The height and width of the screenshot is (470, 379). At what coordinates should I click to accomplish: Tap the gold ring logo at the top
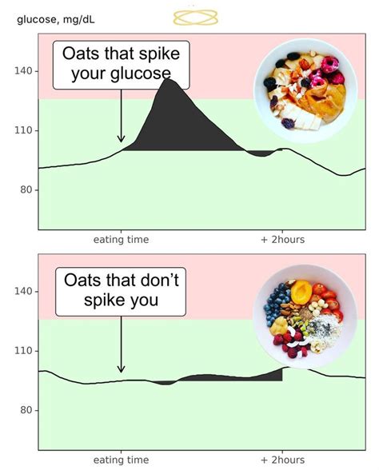pos(197,15)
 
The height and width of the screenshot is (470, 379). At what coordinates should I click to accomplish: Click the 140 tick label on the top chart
pos(23,71)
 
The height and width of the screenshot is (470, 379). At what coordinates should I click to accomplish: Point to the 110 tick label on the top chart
pos(23,130)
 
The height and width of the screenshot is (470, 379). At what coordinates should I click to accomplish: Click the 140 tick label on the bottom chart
pos(23,291)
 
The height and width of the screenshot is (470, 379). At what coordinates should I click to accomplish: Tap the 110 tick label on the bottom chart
pos(23,351)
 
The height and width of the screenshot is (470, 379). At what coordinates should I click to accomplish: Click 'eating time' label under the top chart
pos(121,240)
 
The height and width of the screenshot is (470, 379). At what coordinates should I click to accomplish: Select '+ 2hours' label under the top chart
pos(281,240)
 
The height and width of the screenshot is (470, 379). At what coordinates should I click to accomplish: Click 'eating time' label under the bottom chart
pos(121,460)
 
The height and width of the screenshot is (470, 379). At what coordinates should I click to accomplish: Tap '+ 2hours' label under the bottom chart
pos(281,460)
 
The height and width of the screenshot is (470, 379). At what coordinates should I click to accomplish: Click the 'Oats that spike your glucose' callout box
pos(121,66)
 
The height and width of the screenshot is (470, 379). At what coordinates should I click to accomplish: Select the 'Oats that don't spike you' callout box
pos(121,291)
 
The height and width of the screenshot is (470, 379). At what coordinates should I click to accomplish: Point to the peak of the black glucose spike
pos(169,79)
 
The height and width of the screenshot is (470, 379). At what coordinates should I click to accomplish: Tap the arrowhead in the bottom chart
pos(121,368)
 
